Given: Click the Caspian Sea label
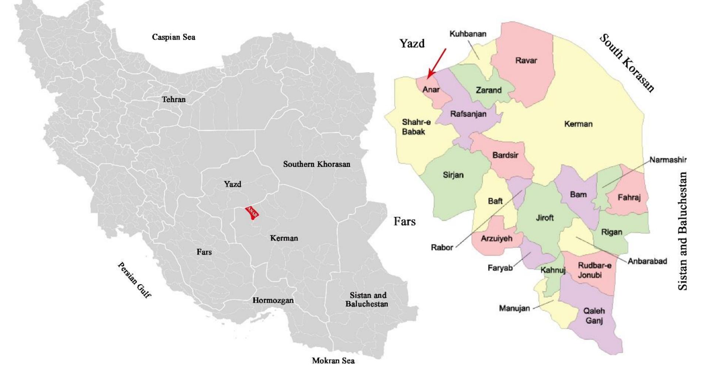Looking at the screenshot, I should point(174,37).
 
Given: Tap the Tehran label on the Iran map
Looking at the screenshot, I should point(174,99).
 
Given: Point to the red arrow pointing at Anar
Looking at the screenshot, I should point(437,63).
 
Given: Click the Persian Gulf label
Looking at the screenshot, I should point(134,280).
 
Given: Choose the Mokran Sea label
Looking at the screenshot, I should point(333,360).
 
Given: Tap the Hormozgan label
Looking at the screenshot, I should point(273,300).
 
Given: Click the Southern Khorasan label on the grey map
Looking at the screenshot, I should point(316,164).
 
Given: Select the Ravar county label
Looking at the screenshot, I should point(526,60).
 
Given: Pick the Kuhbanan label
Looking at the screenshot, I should point(468,34).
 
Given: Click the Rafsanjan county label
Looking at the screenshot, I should point(468,114).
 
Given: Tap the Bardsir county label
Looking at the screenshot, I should point(505,155).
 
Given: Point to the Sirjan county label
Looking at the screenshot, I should point(453,175).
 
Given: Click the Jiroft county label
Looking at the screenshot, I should point(545,218).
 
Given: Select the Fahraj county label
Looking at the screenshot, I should point(629,197).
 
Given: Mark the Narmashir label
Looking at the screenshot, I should point(668,160).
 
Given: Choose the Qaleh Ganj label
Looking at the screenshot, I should point(594,316).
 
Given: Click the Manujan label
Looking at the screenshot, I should point(514,308).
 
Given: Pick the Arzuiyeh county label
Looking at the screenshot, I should point(497,239).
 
